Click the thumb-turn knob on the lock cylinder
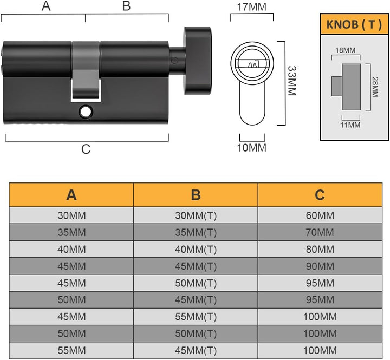point(198,61)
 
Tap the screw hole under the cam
point(86,112)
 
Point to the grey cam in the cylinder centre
point(86,71)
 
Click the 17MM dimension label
point(252,7)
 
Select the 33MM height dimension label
point(292,81)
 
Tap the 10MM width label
point(252,148)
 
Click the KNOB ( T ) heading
point(354,24)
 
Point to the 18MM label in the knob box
point(346,50)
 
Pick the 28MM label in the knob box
point(375,87)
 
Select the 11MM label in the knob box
point(350,125)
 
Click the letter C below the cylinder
point(86,149)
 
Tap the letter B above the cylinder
point(127,6)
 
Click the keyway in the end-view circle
point(252,64)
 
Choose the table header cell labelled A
point(71,195)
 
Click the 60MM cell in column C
point(320,215)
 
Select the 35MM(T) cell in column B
point(196,232)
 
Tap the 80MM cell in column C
point(320,249)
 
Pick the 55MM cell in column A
point(71,350)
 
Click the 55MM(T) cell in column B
point(196,317)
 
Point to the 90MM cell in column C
point(320,266)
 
